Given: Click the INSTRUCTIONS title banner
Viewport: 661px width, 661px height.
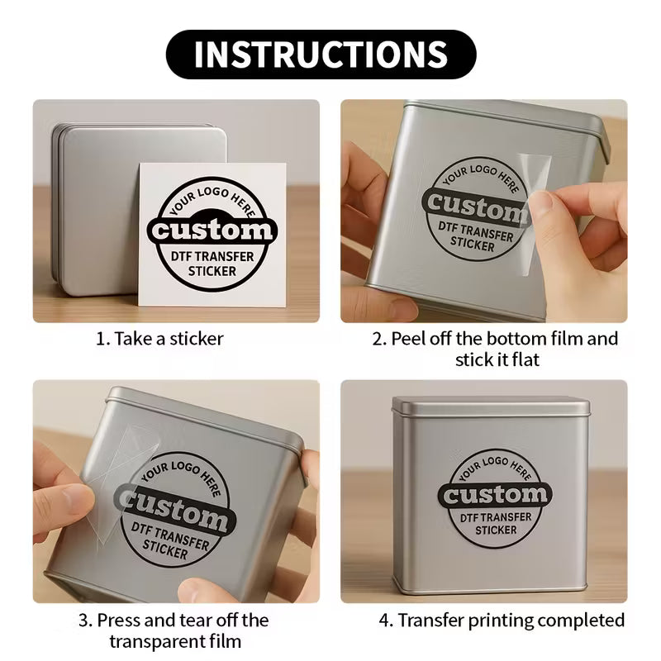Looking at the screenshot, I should [321, 54].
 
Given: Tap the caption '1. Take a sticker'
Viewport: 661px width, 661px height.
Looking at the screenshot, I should [159, 339].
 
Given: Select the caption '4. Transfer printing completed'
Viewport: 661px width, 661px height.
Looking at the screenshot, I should [502, 620].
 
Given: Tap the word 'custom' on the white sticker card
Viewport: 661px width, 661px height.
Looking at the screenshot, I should [212, 229].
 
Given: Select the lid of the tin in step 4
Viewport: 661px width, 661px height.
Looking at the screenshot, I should [491, 407].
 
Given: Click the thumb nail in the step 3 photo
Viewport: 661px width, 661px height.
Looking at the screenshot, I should [74, 498].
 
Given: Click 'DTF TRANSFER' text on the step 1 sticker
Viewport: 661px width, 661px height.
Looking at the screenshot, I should [212, 257].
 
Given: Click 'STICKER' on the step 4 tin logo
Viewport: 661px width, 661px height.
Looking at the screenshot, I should [497, 530].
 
